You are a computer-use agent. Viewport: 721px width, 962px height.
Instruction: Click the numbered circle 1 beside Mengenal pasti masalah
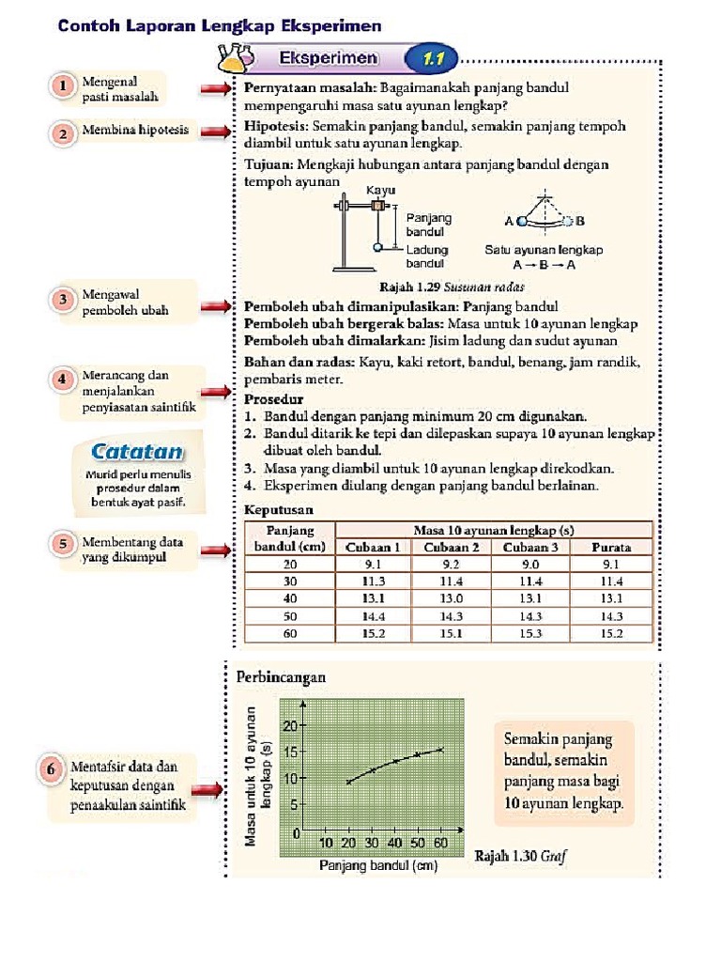(63, 86)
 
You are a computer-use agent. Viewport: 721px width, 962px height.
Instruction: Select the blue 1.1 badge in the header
(431, 60)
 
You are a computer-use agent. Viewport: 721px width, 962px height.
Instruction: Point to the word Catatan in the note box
(137, 451)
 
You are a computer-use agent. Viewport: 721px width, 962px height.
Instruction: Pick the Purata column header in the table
(611, 548)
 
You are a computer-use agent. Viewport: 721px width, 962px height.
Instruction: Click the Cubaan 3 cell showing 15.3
(531, 633)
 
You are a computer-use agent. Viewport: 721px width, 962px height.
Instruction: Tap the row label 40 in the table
(289, 598)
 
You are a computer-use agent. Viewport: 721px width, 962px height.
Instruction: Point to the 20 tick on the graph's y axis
(290, 725)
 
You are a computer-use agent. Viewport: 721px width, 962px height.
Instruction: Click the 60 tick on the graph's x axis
(441, 843)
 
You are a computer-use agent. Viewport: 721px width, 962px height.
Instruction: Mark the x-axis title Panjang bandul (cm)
(379, 864)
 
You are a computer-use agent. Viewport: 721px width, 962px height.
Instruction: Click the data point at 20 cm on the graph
(349, 782)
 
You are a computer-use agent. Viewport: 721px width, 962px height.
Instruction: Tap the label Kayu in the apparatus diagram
(380, 190)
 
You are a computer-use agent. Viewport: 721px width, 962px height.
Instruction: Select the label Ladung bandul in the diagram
(427, 256)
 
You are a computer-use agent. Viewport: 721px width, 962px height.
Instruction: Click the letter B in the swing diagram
(580, 222)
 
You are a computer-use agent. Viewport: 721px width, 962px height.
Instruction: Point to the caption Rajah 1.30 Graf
(521, 856)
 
